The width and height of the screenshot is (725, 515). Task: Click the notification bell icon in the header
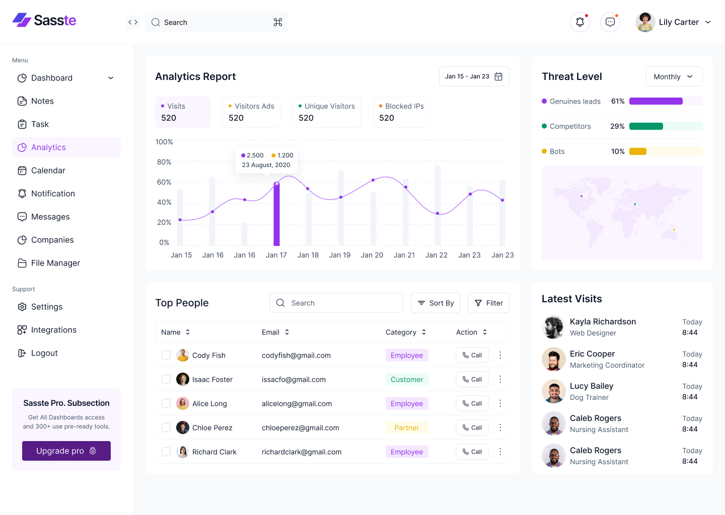[580, 22]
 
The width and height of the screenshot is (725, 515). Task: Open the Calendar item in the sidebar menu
[48, 170]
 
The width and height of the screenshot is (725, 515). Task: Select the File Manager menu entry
[55, 263]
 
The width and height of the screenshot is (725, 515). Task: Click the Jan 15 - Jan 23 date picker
[474, 76]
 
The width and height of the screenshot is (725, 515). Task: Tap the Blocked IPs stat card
[401, 112]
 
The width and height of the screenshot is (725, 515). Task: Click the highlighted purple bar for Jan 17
[276, 214]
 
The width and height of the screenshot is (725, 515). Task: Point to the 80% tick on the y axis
[164, 162]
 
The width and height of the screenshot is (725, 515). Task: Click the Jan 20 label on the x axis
[372, 255]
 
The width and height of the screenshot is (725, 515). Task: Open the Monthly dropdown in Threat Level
[673, 76]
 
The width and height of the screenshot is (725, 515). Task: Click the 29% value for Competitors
[617, 126]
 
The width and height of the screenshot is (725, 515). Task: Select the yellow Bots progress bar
[638, 151]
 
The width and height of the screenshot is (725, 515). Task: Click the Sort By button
[436, 303]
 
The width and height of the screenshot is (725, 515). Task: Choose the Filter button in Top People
[488, 303]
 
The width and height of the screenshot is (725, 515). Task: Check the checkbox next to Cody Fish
[166, 355]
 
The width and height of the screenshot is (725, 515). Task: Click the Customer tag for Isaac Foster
[407, 379]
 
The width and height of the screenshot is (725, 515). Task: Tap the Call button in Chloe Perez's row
[472, 427]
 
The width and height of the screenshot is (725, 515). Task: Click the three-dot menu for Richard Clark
[500, 452]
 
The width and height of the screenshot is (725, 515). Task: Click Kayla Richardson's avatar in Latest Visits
[554, 327]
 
